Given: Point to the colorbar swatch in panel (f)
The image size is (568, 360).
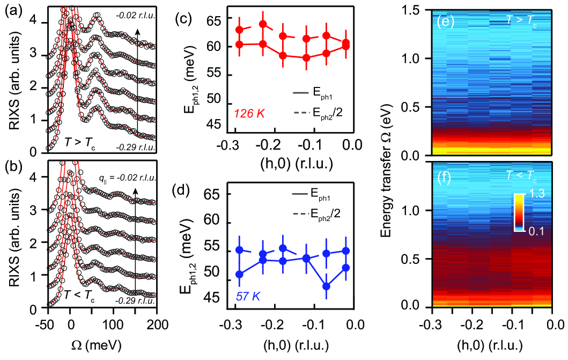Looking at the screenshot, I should (x=519, y=212).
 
